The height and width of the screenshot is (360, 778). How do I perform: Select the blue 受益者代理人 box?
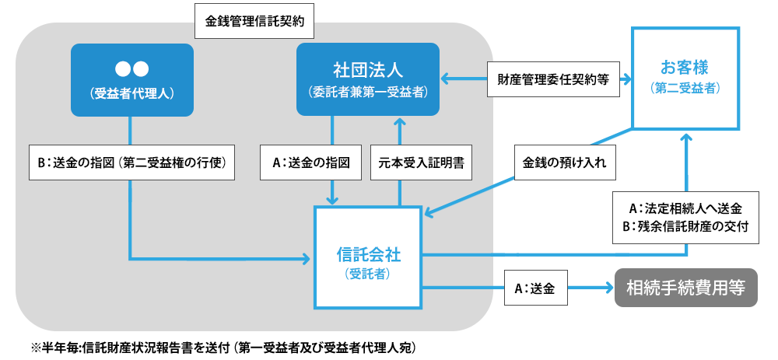pyautogui.click(x=131, y=80)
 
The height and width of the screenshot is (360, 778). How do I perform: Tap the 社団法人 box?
pyautogui.click(x=366, y=80)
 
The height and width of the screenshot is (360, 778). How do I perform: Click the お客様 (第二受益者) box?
pyautogui.click(x=685, y=78)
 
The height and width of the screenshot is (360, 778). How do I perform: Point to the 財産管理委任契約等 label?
pyautogui.click(x=553, y=79)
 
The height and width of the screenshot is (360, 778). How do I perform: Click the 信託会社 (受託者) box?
pyautogui.click(x=368, y=257)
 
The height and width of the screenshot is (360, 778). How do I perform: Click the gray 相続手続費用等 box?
pyautogui.click(x=686, y=288)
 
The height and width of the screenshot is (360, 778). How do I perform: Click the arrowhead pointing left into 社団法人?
pyautogui.click(x=447, y=79)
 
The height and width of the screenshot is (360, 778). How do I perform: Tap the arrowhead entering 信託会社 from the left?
pyautogui.click(x=307, y=257)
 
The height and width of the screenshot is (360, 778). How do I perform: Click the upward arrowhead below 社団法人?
pyautogui.click(x=400, y=122)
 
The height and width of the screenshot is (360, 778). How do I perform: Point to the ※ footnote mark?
pyautogui.click(x=35, y=347)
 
